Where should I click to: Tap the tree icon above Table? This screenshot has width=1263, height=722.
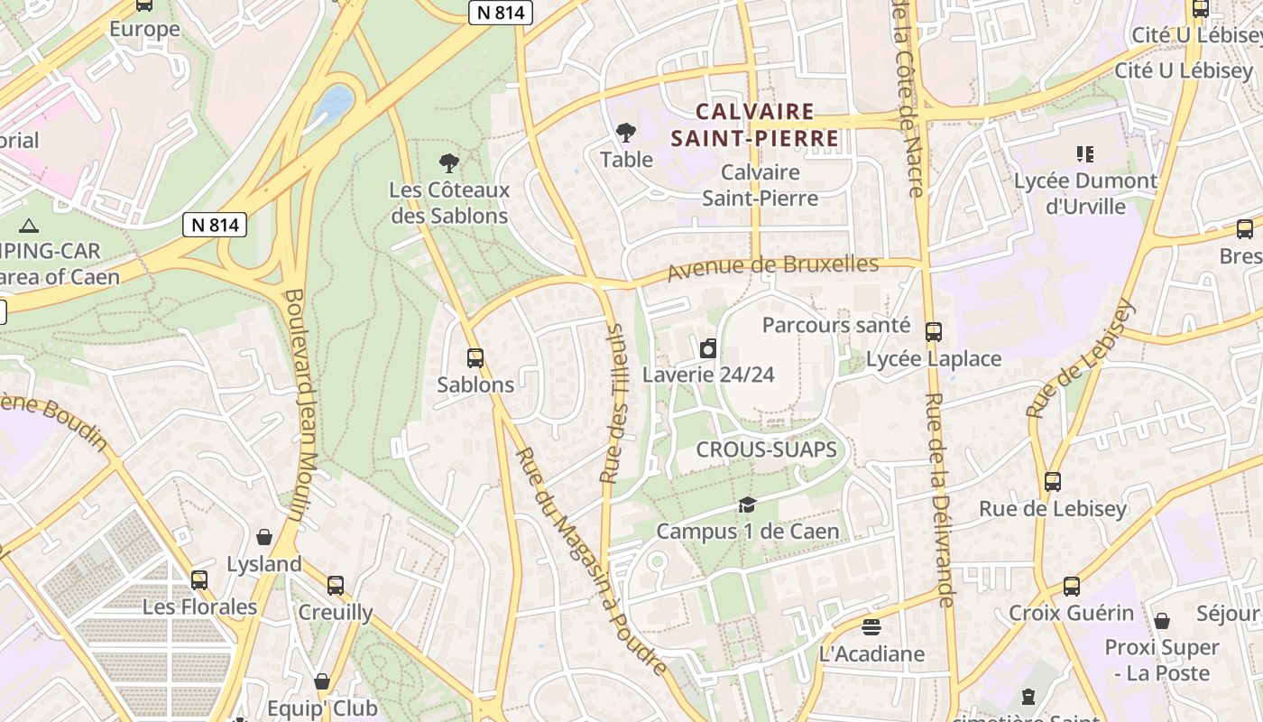pos(626,134)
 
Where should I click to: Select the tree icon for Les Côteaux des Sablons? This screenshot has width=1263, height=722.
pos(448,163)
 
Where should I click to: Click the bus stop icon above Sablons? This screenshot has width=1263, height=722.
pos(475,358)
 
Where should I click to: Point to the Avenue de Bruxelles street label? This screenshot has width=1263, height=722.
pos(772,267)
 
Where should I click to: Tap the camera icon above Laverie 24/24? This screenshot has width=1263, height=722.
pos(708,348)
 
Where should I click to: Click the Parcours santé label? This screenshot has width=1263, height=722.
pos(836,325)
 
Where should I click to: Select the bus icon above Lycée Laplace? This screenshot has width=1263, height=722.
pos(934,332)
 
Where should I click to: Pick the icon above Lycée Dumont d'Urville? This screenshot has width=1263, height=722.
pos(1085,154)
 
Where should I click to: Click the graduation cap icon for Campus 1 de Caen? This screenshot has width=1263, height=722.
pos(747,504)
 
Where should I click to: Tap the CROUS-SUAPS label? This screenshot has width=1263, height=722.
pos(766,449)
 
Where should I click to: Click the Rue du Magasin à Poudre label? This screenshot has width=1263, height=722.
pos(591,560)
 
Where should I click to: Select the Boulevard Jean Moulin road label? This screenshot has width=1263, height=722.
pos(302,405)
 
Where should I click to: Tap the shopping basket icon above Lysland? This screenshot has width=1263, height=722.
pos(264,538)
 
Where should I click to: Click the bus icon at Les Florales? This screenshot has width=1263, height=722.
pos(199,580)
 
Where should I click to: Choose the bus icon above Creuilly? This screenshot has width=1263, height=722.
pos(336,586)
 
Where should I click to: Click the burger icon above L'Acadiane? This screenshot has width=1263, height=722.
pos(871,626)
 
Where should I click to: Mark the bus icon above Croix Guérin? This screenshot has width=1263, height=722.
pos(1072,587)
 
